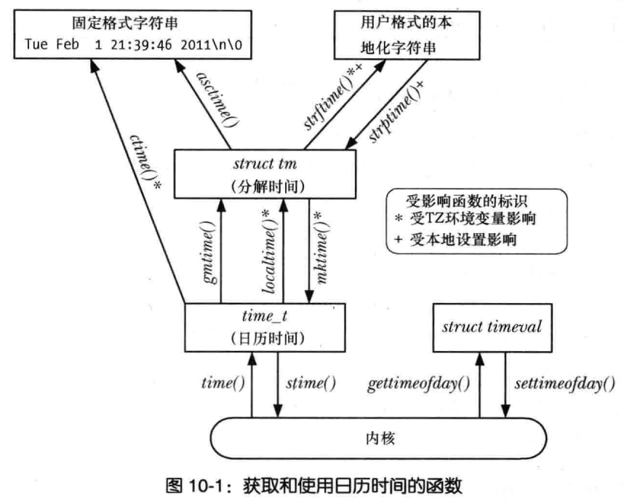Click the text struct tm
point(265,162)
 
